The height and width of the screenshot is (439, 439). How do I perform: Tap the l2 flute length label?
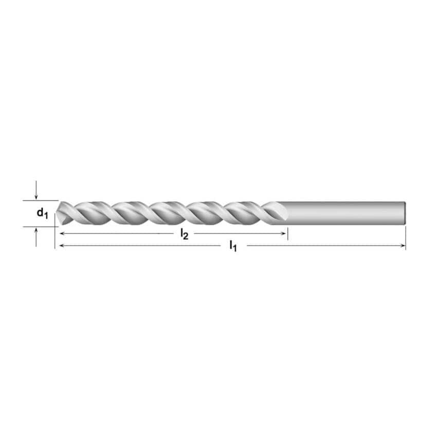(184, 234)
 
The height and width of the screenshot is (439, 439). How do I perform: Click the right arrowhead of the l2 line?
(284, 233)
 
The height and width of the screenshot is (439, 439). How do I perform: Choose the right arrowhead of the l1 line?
(403, 246)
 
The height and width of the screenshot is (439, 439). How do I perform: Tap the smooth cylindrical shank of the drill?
(344, 212)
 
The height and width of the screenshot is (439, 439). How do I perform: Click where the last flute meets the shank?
(280, 212)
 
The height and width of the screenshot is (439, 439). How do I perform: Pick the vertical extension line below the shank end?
(406, 237)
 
